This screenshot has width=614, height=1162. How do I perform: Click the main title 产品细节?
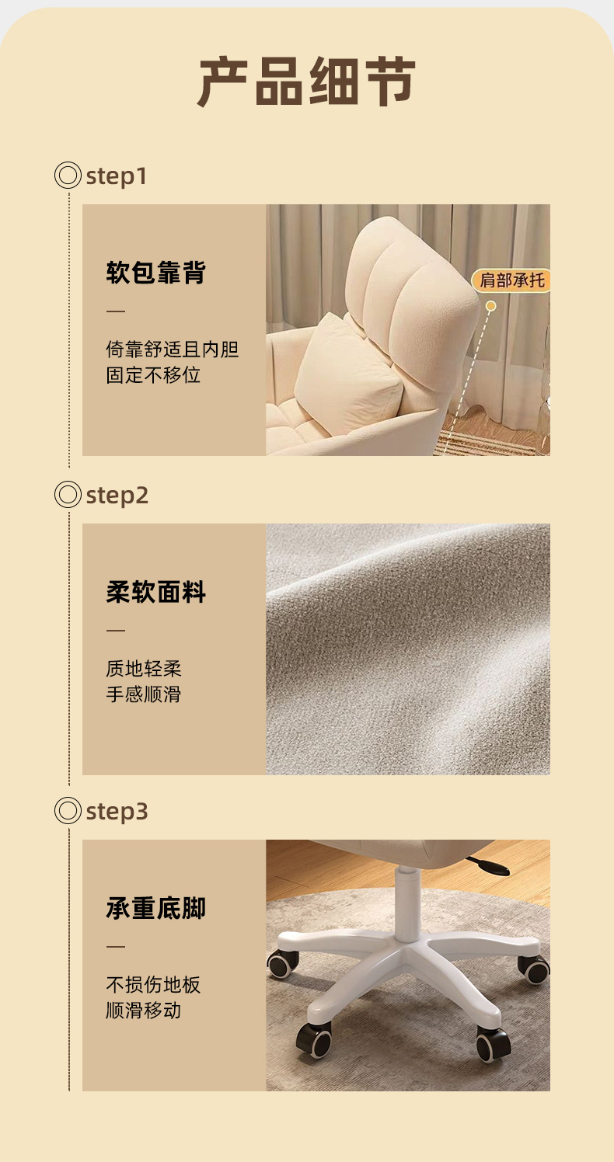306,82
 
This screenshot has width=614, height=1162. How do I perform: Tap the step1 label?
117,176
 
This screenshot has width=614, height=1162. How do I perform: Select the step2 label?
117,496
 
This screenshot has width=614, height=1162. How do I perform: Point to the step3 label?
117,812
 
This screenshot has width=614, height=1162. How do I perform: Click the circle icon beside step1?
68,175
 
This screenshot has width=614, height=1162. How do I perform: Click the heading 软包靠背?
156,273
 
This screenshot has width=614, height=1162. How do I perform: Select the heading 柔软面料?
156,591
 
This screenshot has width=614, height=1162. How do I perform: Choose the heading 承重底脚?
156,908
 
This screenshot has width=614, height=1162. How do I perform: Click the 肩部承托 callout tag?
511,280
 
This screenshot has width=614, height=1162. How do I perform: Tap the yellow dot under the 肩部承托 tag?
490,306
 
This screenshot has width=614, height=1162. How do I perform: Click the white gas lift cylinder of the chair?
407,903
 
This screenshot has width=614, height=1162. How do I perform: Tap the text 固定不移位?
153,375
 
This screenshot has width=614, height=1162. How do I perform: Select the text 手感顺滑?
144,694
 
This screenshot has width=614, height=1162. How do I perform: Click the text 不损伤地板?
153,985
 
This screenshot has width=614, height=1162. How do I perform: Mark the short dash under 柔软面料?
116,630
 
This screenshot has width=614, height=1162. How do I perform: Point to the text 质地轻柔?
144,669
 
